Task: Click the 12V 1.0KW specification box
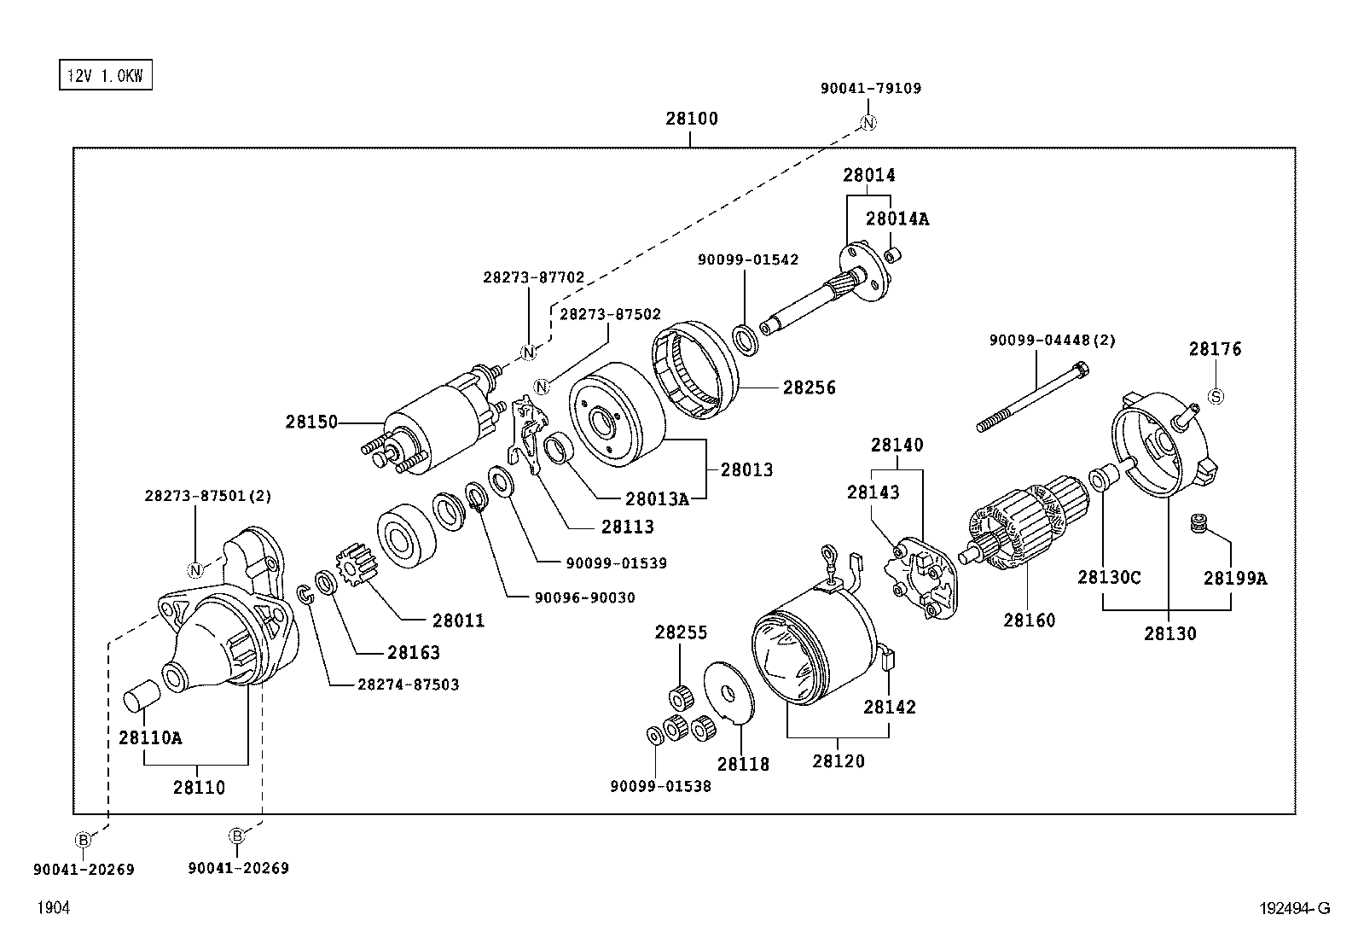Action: (105, 76)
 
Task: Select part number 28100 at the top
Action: (692, 119)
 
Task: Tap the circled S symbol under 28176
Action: (1216, 396)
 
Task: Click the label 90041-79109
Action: (871, 88)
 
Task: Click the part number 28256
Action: (810, 387)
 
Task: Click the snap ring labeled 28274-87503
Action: (304, 593)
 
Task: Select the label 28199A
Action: (1234, 579)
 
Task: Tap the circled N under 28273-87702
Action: (528, 352)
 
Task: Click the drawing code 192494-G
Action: (1294, 909)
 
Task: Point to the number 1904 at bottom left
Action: (52, 909)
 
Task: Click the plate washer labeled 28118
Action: (728, 690)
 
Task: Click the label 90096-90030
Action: (584, 598)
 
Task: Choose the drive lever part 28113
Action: (528, 435)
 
